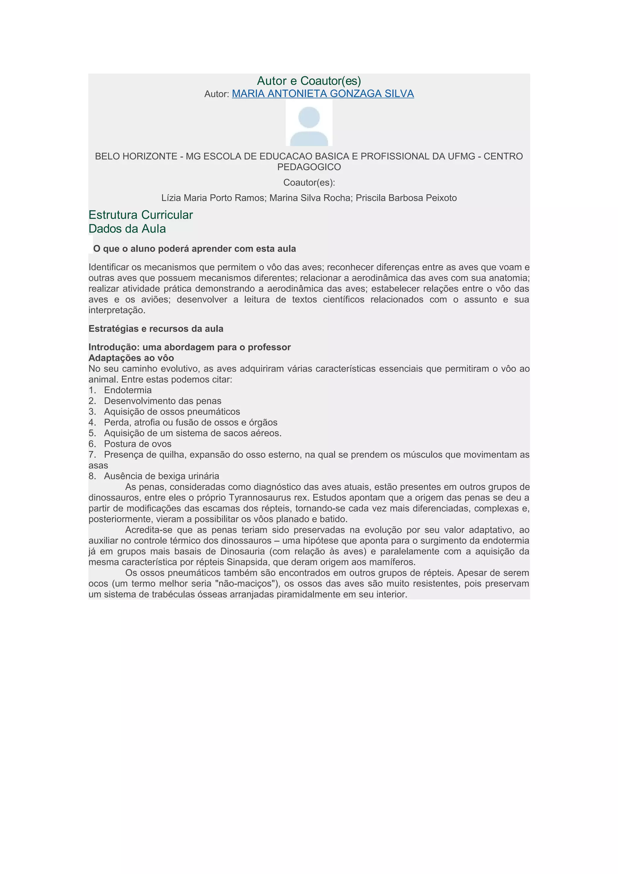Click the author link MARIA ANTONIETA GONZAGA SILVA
point(323,93)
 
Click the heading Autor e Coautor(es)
point(309,81)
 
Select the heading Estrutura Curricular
point(141,215)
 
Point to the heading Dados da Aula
point(127,229)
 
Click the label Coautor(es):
point(309,183)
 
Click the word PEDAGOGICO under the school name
point(309,167)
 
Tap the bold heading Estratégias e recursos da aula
point(156,329)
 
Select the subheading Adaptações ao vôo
point(131,358)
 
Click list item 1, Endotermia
point(128,390)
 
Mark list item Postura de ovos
point(138,444)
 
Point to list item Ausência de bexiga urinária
point(161,476)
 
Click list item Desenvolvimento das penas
point(163,401)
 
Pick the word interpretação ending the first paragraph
point(117,310)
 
